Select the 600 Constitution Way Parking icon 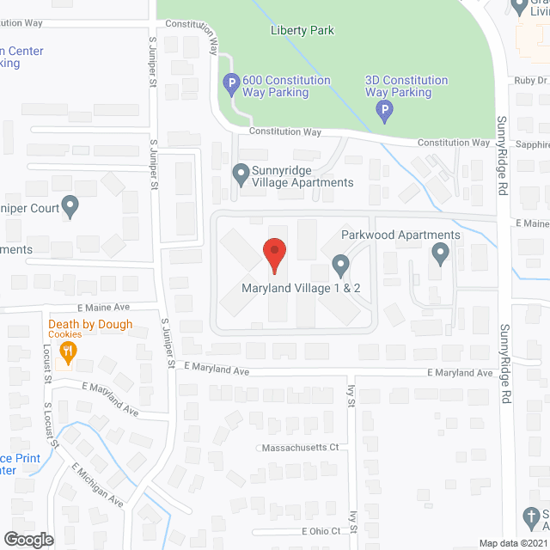(x=231, y=84)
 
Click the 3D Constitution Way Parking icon (x=385, y=110)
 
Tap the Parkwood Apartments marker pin (x=441, y=254)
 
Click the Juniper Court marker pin (x=70, y=206)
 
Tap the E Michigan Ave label (x=97, y=485)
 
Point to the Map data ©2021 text (x=513, y=542)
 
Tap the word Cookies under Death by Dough (x=65, y=335)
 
